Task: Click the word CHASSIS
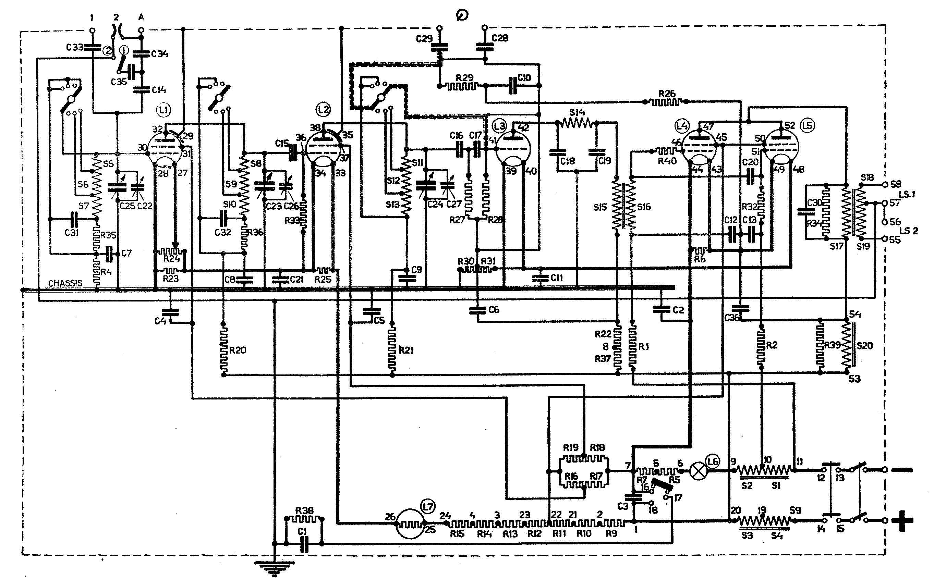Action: [65, 283]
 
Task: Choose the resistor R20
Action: [224, 349]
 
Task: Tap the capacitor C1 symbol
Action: [304, 543]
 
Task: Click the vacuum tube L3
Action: [512, 148]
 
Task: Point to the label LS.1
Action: [907, 195]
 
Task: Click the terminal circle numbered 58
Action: [885, 185]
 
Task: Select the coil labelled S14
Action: [577, 123]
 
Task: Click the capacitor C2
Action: [662, 309]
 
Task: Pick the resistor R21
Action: [392, 349]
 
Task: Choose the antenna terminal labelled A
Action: [141, 30]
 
